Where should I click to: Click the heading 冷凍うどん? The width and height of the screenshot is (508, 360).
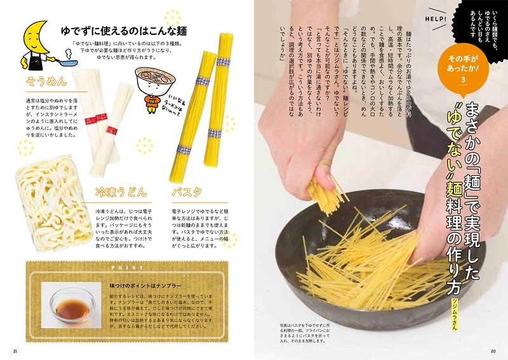point(121,190)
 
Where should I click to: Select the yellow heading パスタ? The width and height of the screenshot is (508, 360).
point(187,190)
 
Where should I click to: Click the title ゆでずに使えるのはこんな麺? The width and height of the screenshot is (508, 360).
point(112,30)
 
